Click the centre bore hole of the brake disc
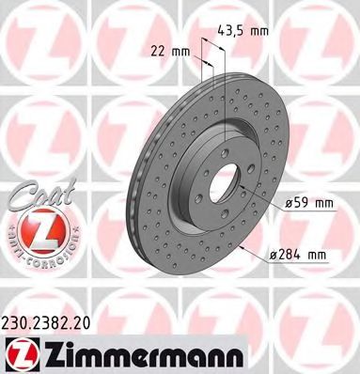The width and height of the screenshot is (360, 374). point(227,178)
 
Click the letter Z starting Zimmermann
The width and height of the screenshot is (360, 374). point(47,352)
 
